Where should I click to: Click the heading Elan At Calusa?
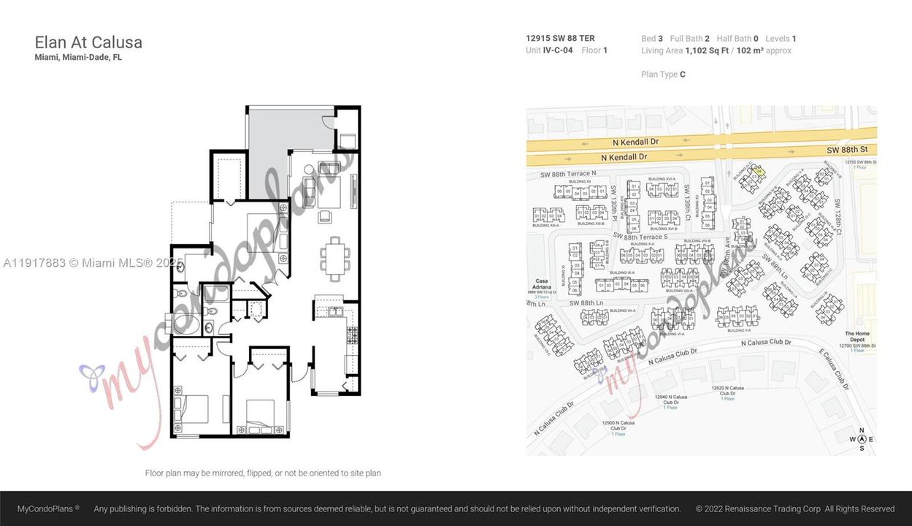point(88,42)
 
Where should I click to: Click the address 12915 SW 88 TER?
point(560,38)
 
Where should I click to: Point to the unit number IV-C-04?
point(558,50)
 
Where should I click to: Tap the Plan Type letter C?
point(682,74)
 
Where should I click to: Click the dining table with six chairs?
point(334,259)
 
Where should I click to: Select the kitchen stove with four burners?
point(352,335)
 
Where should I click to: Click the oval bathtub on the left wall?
point(182,323)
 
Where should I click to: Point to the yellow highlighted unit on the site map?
point(758,171)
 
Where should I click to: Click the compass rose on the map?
point(862,439)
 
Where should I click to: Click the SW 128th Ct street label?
point(838,217)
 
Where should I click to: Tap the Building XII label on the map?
point(579,181)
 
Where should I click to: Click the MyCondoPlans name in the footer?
point(48,508)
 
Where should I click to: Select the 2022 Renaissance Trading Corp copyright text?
point(794,508)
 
